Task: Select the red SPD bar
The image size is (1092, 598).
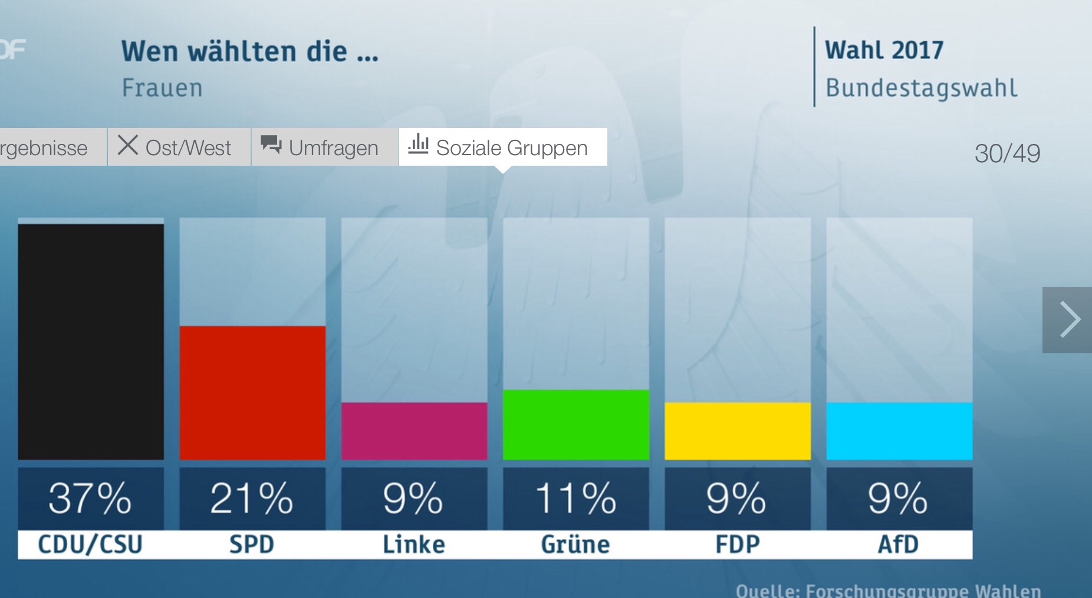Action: click(x=252, y=392)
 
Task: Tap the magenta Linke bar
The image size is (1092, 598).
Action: click(x=414, y=431)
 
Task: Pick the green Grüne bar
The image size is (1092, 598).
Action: click(x=575, y=424)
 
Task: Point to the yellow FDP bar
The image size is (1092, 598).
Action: click(x=737, y=431)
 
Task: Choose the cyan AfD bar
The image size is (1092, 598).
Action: click(x=899, y=431)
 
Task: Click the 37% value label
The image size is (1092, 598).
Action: click(x=91, y=498)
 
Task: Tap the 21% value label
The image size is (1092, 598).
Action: click(x=252, y=498)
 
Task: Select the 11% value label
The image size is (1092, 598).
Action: click(x=575, y=498)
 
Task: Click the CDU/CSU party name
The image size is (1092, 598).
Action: click(x=91, y=544)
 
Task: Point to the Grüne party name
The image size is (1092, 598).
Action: click(x=575, y=544)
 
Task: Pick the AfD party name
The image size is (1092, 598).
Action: click(x=899, y=544)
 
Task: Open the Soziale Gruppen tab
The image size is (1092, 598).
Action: click(x=503, y=147)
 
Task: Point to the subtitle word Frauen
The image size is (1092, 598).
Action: click(x=162, y=88)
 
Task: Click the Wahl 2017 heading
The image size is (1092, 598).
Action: click(x=884, y=50)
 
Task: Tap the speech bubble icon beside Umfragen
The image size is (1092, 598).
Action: click(x=271, y=144)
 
